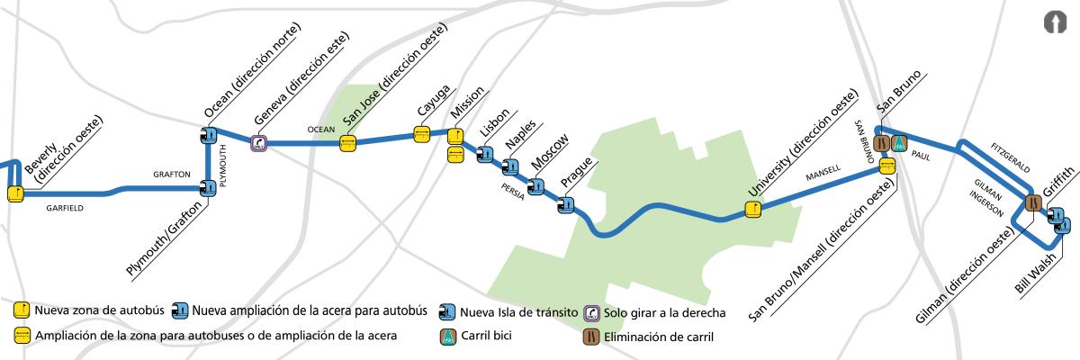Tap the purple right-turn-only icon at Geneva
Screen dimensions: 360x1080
[259, 142]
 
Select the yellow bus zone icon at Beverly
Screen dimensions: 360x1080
[15, 192]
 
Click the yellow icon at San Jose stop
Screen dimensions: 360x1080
[348, 142]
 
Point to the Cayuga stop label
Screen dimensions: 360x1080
[427, 112]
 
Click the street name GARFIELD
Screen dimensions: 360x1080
[64, 208]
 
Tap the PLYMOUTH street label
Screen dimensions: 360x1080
[224, 163]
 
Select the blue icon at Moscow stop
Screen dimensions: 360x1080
[536, 187]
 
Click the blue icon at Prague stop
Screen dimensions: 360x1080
[566, 205]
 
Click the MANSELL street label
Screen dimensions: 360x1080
[823, 171]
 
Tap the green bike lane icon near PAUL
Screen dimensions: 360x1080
[899, 142]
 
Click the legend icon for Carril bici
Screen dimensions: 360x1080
[447, 337]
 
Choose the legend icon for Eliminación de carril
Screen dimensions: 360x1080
[589, 337]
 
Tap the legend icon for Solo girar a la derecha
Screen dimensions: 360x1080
[592, 312]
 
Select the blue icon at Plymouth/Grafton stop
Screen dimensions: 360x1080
[209, 187]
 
